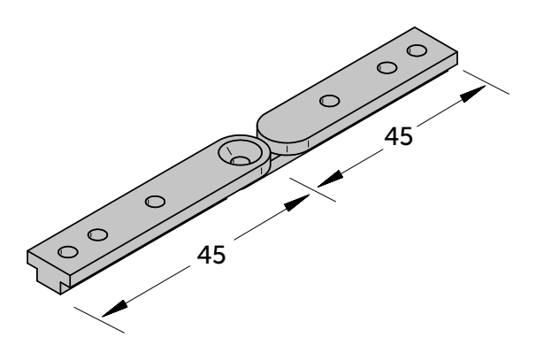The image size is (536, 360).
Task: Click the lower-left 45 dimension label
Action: pyautogui.click(x=211, y=255)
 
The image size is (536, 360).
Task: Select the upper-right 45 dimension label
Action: pyautogui.click(x=399, y=136)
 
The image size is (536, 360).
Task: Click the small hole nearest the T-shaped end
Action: pyautogui.click(x=68, y=251)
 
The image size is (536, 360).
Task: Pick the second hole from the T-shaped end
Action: pyautogui.click(x=98, y=234)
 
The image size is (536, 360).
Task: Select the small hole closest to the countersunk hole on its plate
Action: pyautogui.click(x=155, y=202)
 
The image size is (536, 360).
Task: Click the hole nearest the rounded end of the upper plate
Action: pyautogui.click(x=330, y=101)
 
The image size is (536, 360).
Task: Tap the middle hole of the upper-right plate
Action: pyautogui.click(x=387, y=67)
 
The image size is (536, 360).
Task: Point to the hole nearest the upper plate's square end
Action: pyautogui.click(x=417, y=50)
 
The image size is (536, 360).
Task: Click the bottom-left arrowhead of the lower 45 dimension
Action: pyautogui.click(x=114, y=310)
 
